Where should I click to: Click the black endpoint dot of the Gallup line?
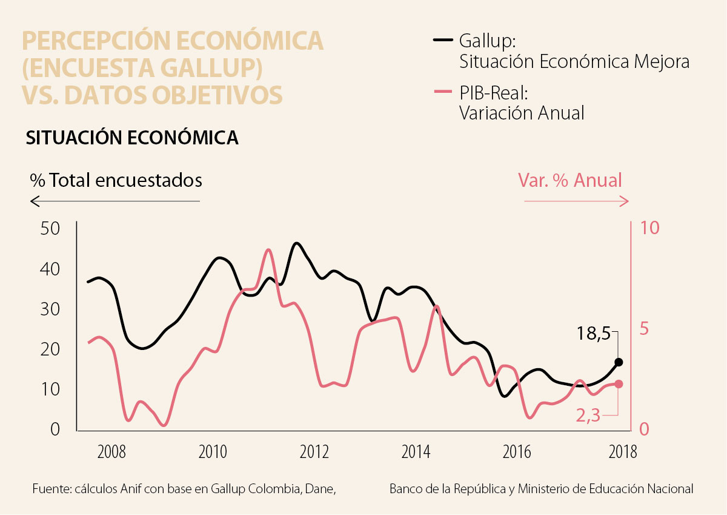(619, 362)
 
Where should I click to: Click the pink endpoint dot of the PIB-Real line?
(619, 384)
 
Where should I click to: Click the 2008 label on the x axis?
(111, 452)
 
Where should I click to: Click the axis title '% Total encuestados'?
(116, 180)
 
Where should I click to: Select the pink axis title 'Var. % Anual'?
(569, 180)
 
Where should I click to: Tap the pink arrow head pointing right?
(628, 201)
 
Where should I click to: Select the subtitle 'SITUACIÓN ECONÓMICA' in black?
(131, 138)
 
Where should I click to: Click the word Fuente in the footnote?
(50, 489)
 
